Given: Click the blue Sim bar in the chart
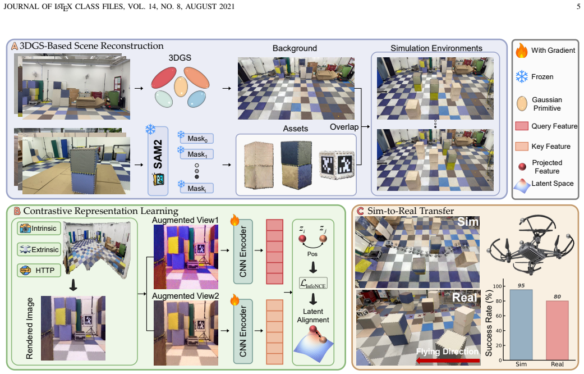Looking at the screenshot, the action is pos(521,325).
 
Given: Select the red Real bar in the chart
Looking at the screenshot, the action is pos(557,330).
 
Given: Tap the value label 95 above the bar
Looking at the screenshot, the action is pos(521,285).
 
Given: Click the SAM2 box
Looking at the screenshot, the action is pos(158,161).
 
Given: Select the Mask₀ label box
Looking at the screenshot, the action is pos(197,139).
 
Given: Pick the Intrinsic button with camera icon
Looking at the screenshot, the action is pos(39,228).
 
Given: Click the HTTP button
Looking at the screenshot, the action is pos(39,270).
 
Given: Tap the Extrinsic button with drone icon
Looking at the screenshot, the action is pos(39,249).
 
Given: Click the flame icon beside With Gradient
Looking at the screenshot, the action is pos(522,50).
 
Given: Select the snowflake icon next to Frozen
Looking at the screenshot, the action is pos(522,76).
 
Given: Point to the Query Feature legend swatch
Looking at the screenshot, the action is pos(522,126).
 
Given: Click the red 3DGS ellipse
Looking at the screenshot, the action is pos(164,77).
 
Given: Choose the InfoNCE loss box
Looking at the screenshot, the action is pos(313,284).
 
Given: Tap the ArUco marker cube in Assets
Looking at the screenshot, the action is pos(337,165).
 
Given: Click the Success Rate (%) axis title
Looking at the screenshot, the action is pos(489,323).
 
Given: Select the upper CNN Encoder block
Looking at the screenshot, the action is pos(243,252).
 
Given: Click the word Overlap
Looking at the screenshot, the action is pos(344,127).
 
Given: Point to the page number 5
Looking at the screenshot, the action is pos(578,6).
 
